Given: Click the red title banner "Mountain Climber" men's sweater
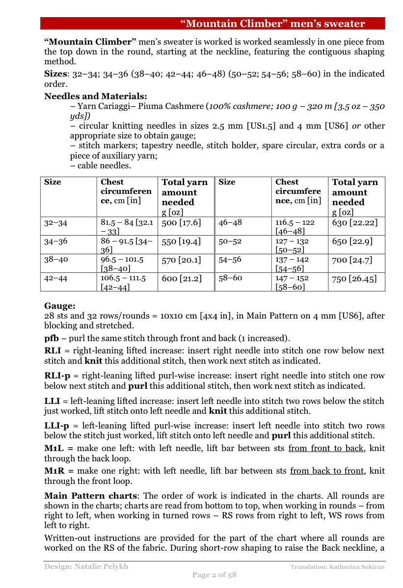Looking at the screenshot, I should coord(272,24).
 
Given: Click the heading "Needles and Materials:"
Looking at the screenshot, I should coord(95,96).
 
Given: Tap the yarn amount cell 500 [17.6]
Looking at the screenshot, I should coord(181,222).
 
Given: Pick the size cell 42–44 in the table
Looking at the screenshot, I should coord(56,278).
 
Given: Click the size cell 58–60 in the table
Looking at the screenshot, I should coord(230,278).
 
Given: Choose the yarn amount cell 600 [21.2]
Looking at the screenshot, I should coord(181,278).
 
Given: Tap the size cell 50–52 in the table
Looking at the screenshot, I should coord(230,241).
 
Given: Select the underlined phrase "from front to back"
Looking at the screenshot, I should coord(326,448).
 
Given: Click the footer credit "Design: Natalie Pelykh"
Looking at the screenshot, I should coord(86,566).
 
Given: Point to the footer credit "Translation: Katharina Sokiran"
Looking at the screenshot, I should coord(337,567).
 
